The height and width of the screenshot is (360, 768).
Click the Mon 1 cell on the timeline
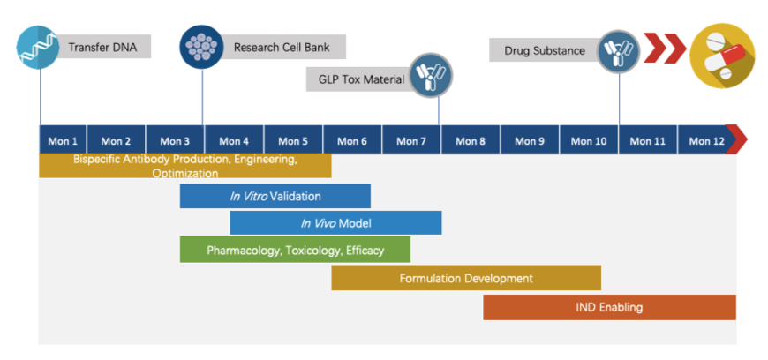pyautogui.click(x=63, y=140)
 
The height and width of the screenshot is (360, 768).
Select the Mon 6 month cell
pyautogui.click(x=352, y=140)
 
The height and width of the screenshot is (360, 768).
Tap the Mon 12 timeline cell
pyautogui.click(x=706, y=140)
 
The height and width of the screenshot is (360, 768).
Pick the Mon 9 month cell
pyautogui.click(x=530, y=140)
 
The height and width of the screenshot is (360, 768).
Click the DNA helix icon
pyautogui.click(x=40, y=47)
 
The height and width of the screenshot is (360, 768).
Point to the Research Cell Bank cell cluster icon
pyautogui.click(x=202, y=47)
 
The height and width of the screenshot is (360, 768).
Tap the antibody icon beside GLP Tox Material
pyautogui.click(x=431, y=77)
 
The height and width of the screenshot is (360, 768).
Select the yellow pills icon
pyautogui.click(x=721, y=54)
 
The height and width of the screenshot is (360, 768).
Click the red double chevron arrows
pyautogui.click(x=664, y=49)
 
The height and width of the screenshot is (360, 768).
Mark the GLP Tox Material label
pyautogui.click(x=359, y=79)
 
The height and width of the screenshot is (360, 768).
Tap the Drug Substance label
pyautogui.click(x=543, y=50)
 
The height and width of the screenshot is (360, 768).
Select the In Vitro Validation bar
pyautogui.click(x=275, y=196)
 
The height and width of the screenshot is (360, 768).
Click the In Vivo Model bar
pyautogui.click(x=335, y=222)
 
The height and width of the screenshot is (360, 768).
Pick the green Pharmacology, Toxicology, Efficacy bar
pyautogui.click(x=295, y=250)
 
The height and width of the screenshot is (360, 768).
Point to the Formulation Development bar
pyautogui.click(x=466, y=278)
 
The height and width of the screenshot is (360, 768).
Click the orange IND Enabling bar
pyautogui.click(x=609, y=307)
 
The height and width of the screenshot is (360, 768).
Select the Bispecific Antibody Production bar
pyautogui.click(x=184, y=166)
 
